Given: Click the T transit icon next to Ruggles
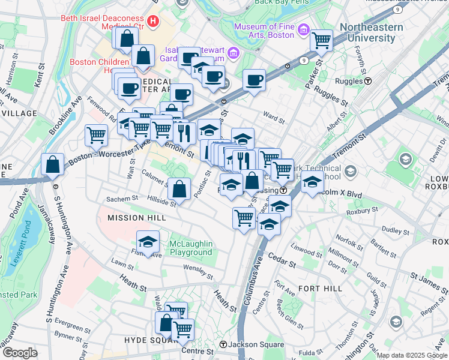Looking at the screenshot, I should point(367,81).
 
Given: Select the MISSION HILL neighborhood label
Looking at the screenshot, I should point(133,218).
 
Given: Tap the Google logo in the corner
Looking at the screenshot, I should point(20,353).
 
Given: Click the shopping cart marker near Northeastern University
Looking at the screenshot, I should point(322,41).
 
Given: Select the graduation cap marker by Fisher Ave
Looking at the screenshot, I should point(148,242).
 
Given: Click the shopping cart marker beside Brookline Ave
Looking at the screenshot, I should point(96,135).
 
